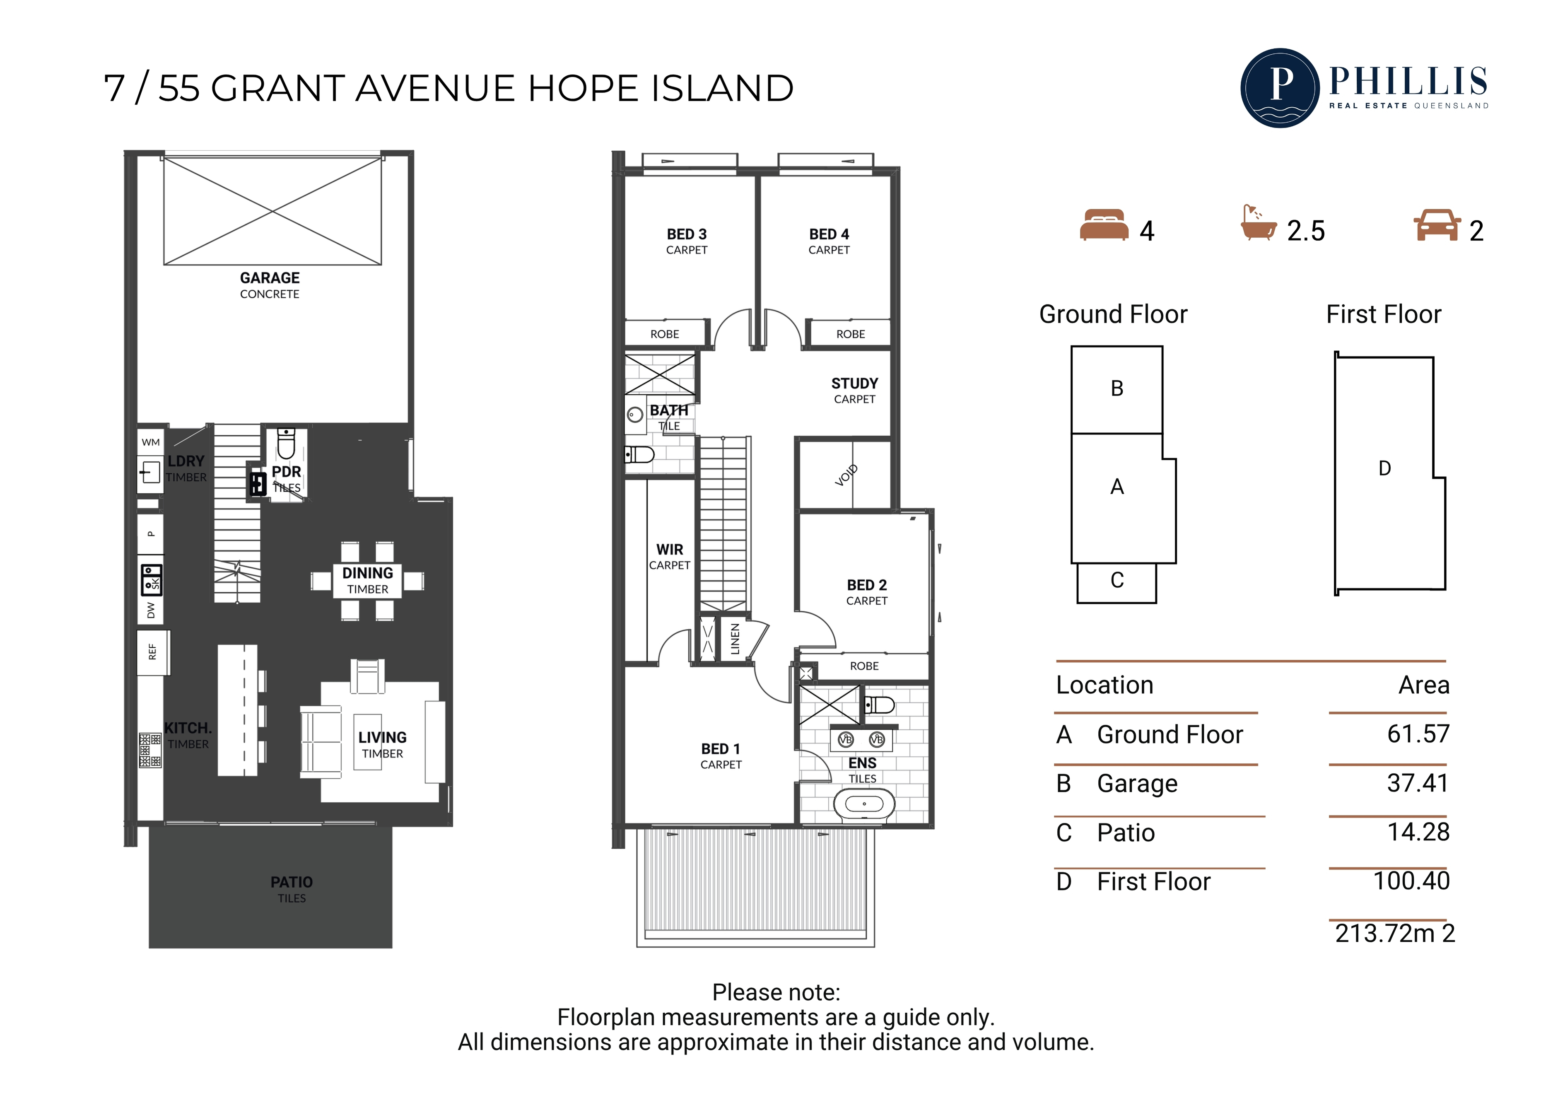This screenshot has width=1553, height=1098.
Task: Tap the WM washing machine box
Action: pyautogui.click(x=151, y=442)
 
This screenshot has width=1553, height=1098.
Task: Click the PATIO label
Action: pyautogui.click(x=292, y=882)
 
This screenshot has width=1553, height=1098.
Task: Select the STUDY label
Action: pyautogui.click(x=854, y=384)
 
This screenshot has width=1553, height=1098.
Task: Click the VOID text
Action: pyautogui.click(x=846, y=475)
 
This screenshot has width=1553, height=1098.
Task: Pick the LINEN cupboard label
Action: pyautogui.click(x=735, y=639)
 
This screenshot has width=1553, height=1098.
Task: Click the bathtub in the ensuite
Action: pyautogui.click(x=864, y=804)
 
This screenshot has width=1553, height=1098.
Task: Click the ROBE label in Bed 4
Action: pyautogui.click(x=850, y=334)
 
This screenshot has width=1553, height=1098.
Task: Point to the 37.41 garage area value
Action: pyautogui.click(x=1418, y=783)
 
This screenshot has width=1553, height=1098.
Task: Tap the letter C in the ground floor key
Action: pyautogui.click(x=1117, y=580)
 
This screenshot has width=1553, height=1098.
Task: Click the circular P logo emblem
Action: pyautogui.click(x=1280, y=88)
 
